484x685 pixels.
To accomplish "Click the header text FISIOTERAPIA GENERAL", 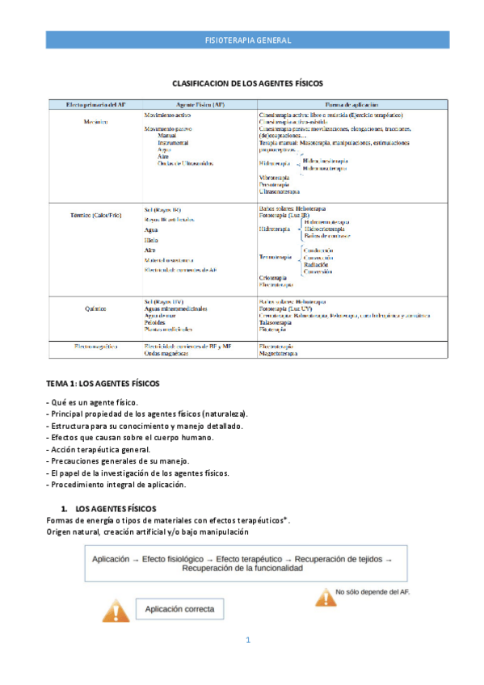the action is (242, 40).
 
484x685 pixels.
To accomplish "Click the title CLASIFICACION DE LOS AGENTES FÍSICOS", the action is (242, 83).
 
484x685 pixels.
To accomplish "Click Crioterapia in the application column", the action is (275, 278).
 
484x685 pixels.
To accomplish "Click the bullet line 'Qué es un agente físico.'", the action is (92, 402).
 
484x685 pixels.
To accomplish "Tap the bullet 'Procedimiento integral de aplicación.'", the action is (117, 485).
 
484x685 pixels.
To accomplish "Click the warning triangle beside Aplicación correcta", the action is (115, 609).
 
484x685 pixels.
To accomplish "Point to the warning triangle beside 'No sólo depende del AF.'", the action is (326, 596).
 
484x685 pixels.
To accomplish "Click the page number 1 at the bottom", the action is (248, 640).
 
